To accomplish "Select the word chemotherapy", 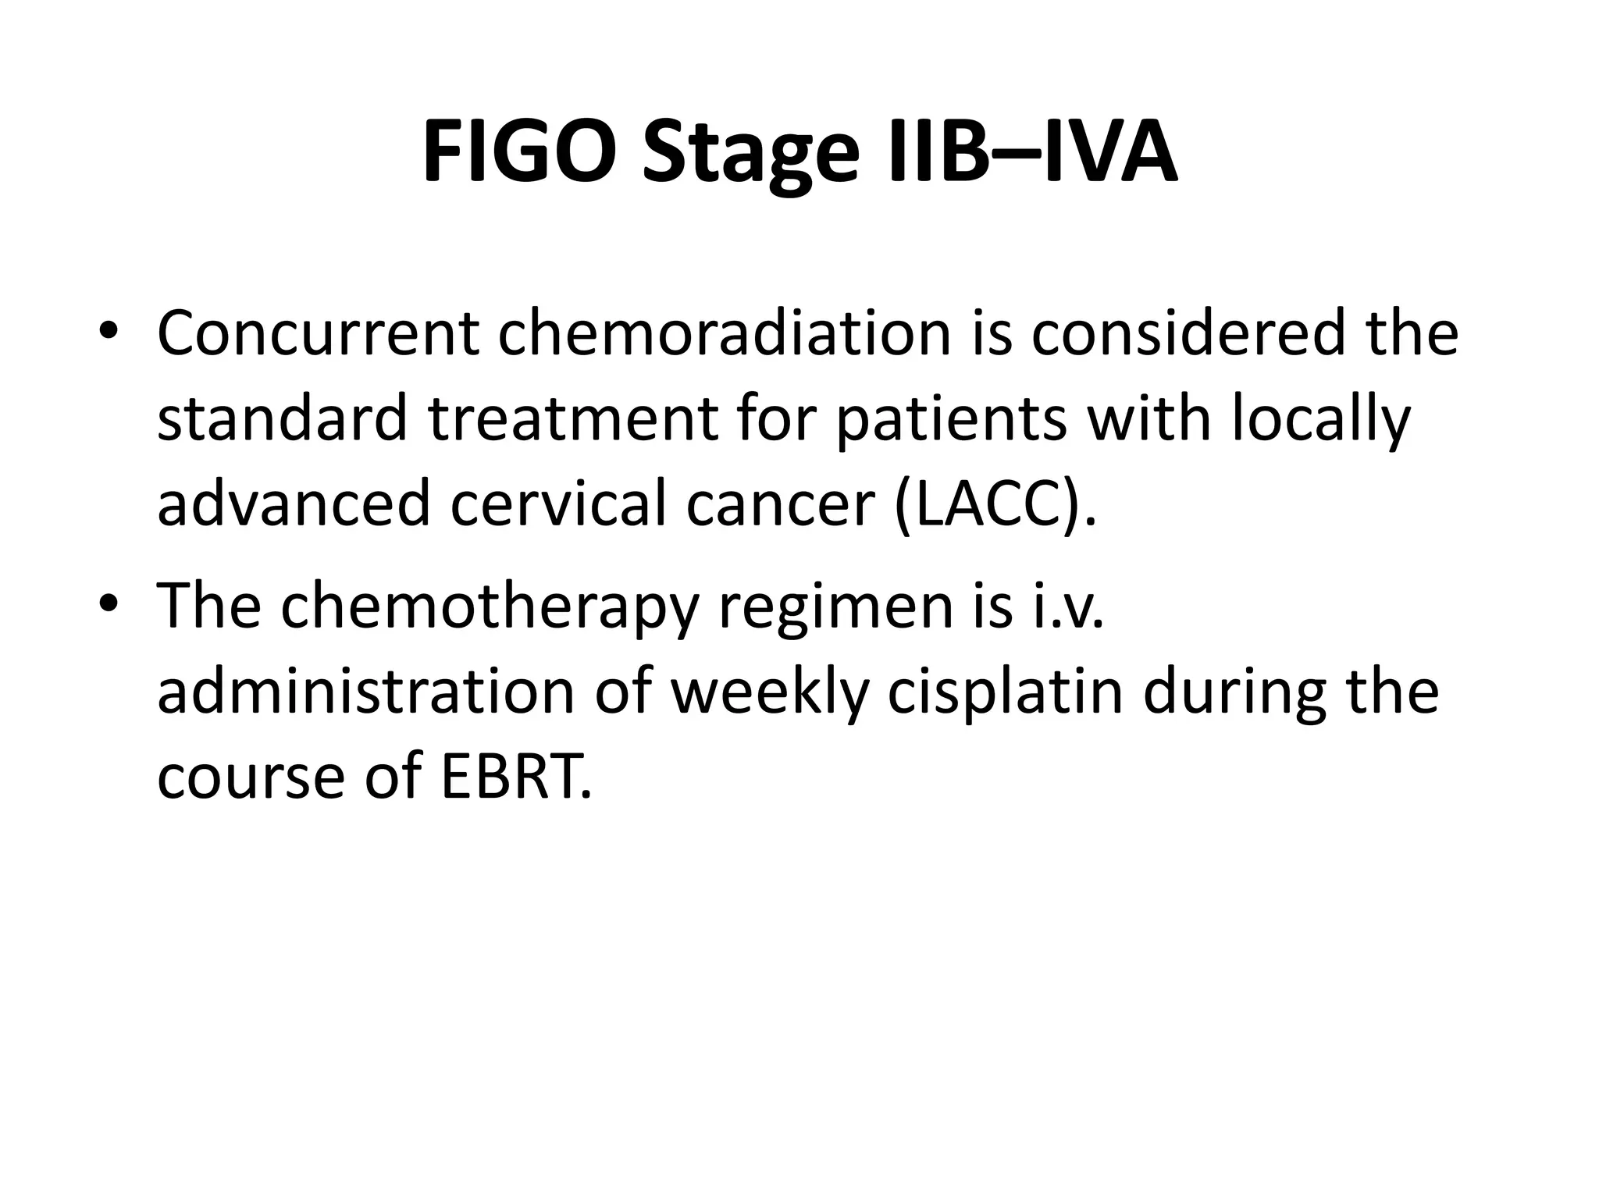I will [x=488, y=609].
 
